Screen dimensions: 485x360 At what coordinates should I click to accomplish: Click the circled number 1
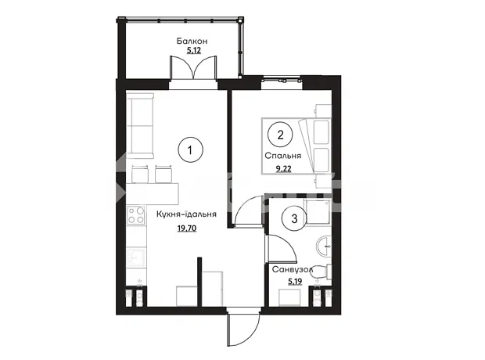click(x=190, y=150)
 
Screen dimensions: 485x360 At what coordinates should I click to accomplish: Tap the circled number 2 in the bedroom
click(x=280, y=135)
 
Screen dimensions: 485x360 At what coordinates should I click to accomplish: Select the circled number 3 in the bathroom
click(x=294, y=218)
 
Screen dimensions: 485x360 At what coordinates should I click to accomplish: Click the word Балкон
click(x=192, y=41)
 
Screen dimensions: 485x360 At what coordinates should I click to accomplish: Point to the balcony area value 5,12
click(x=194, y=50)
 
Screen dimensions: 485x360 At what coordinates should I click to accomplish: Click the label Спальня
click(x=282, y=156)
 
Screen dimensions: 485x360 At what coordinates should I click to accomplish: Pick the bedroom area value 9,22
click(x=284, y=169)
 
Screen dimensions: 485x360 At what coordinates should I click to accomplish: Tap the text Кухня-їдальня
click(x=186, y=214)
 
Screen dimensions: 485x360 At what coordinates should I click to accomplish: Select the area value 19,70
click(x=187, y=229)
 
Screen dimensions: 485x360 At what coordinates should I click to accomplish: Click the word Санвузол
click(x=293, y=270)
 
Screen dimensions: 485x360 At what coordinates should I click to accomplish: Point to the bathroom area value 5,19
click(x=295, y=282)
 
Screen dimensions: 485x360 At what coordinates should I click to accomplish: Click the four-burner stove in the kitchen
click(x=136, y=215)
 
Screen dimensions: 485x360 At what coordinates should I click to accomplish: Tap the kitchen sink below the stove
click(x=136, y=257)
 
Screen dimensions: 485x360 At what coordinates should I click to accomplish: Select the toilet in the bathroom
click(x=323, y=272)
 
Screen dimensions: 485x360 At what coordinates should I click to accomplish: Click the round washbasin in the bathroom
click(x=324, y=246)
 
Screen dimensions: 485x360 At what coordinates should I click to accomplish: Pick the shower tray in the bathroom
click(x=318, y=212)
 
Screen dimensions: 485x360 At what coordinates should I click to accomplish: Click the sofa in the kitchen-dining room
click(x=140, y=126)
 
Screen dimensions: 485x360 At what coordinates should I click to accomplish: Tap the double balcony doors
click(x=193, y=68)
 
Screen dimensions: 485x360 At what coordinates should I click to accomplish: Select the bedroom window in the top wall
click(x=282, y=81)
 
